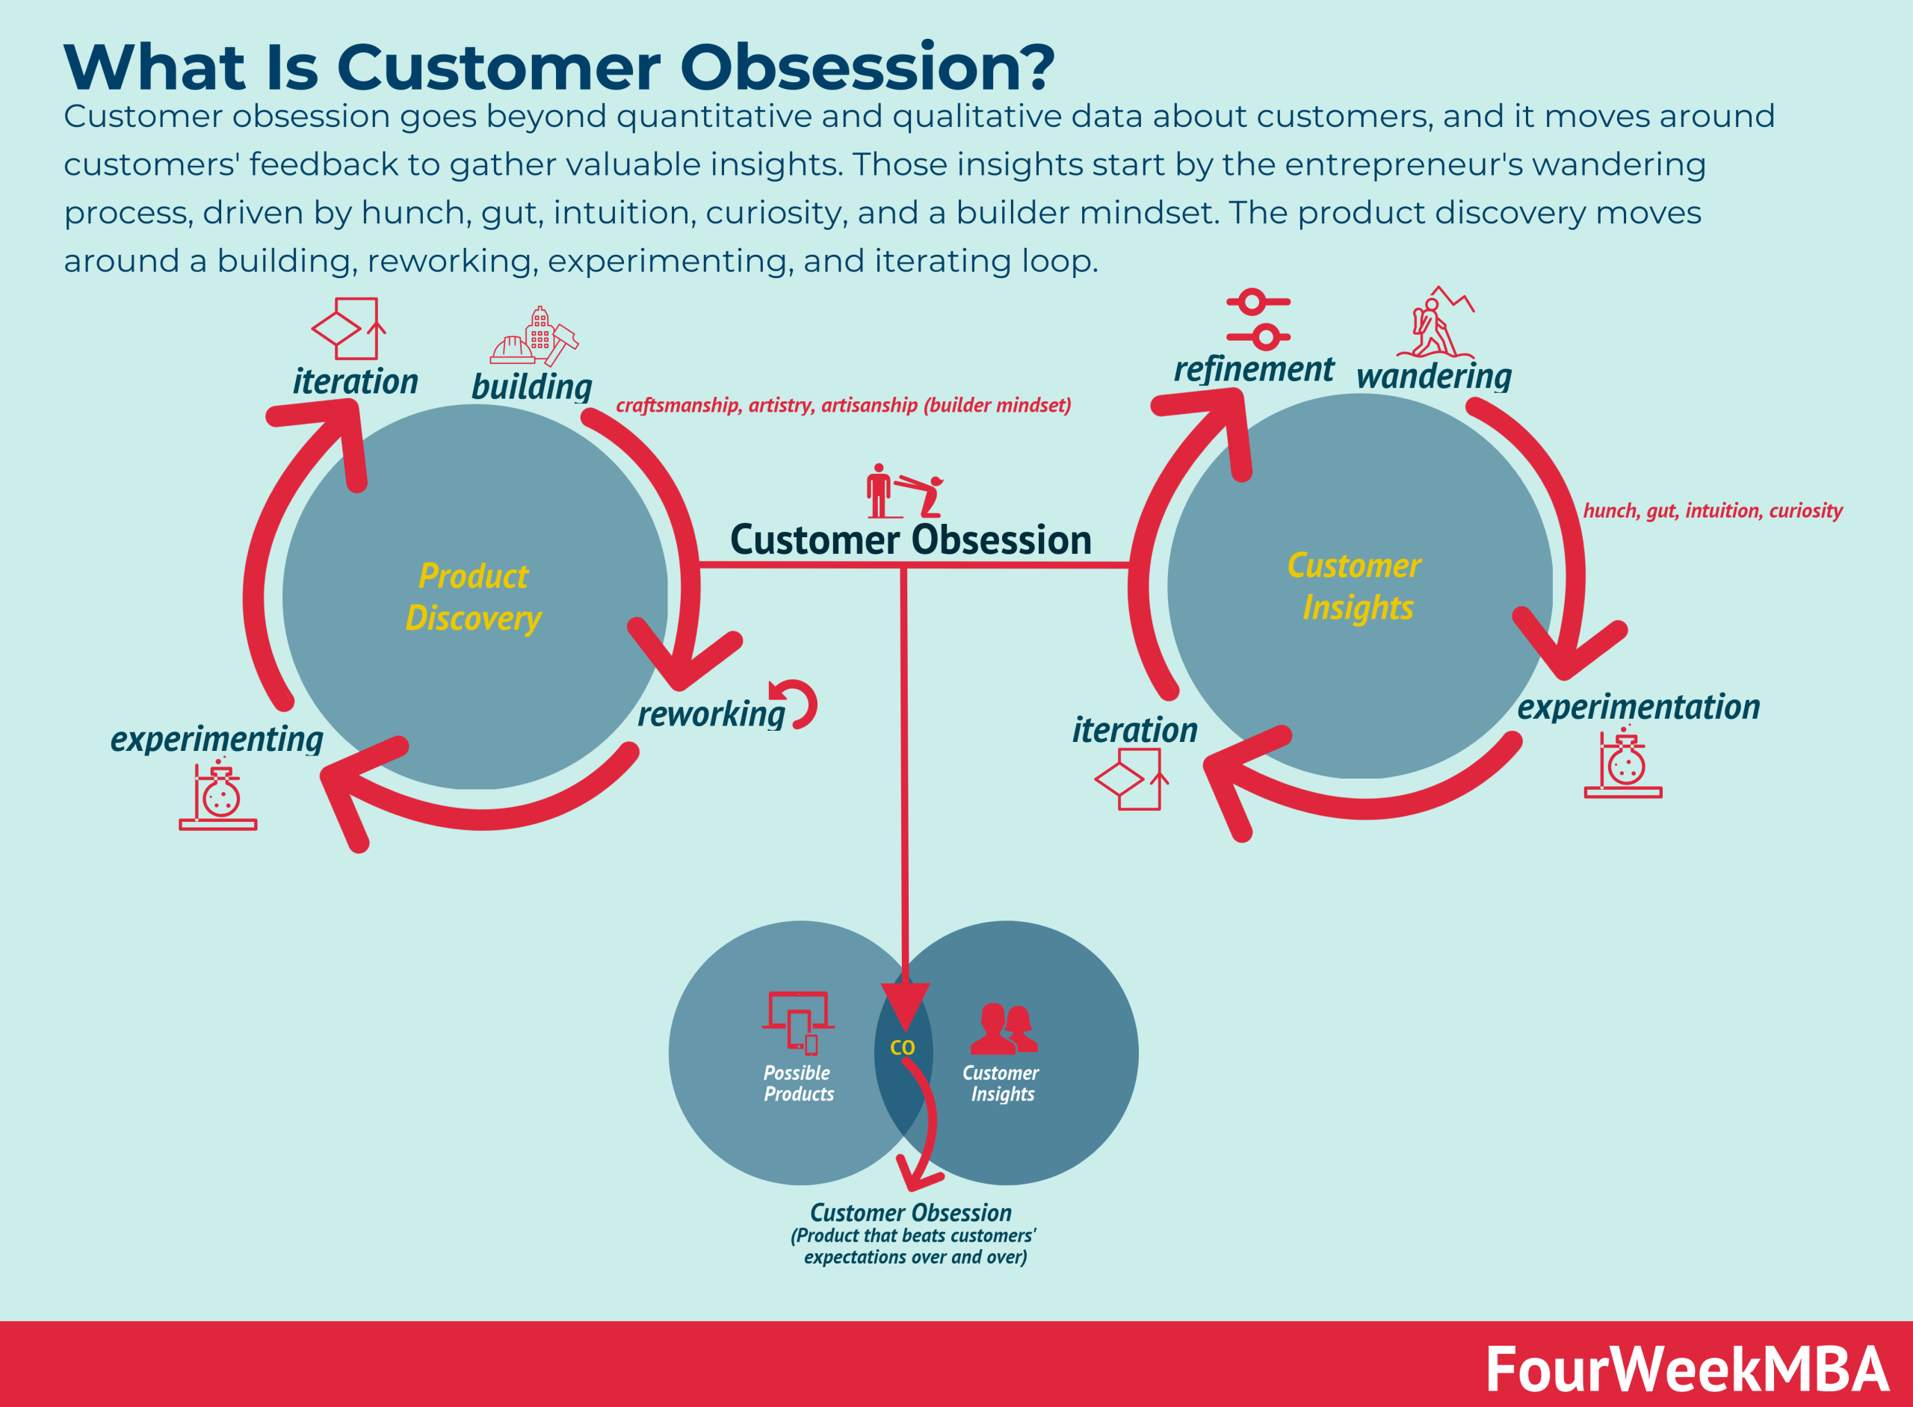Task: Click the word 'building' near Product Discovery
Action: tap(531, 386)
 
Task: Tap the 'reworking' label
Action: tap(711, 714)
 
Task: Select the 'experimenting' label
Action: tap(217, 738)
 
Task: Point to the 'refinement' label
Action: tap(1253, 369)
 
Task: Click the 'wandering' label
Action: tap(1433, 376)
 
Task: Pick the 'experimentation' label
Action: tap(1638, 707)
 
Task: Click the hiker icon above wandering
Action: tap(1435, 324)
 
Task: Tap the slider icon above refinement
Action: tap(1258, 319)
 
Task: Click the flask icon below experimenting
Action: tap(218, 796)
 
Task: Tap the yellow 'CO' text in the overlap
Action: tap(902, 1048)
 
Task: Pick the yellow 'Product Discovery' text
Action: tap(474, 597)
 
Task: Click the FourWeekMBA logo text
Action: tap(1687, 1370)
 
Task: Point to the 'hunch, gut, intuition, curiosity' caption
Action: tap(1712, 510)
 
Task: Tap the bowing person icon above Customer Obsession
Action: tap(903, 491)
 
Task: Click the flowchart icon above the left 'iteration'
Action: tap(348, 329)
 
